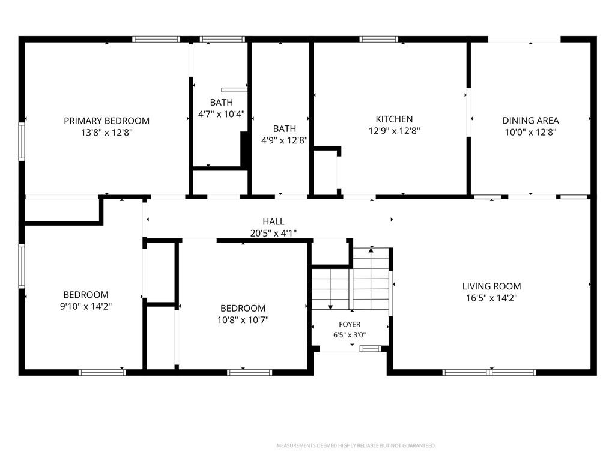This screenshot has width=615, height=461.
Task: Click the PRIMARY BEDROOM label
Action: (107, 121)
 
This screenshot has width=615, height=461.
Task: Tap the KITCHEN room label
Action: (394, 119)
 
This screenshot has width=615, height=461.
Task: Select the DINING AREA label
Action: (531, 121)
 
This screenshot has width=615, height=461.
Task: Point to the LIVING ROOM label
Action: (491, 286)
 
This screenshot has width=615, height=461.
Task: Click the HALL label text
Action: (274, 221)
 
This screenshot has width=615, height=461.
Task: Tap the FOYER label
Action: (350, 325)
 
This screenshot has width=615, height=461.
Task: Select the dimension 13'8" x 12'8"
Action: (107, 133)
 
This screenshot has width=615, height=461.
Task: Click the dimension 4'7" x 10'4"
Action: (221, 114)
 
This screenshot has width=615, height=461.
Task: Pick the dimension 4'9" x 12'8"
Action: (285, 140)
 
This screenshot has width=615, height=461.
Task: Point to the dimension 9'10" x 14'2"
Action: (86, 306)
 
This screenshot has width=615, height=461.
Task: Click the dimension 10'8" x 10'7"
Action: (243, 320)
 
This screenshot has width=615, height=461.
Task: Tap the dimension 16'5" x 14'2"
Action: (491, 298)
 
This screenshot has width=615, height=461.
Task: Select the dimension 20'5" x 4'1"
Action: (274, 234)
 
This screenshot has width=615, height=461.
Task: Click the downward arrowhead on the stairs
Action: (330, 307)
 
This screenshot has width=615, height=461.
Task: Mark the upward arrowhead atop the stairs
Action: (371, 249)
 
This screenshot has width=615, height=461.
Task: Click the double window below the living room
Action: (489, 372)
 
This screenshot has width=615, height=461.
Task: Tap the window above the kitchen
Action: (379, 39)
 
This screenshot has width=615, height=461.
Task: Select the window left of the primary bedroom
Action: (22, 142)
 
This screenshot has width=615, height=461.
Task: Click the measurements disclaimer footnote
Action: (356, 445)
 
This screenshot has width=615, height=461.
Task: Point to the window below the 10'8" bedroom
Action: (249, 372)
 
